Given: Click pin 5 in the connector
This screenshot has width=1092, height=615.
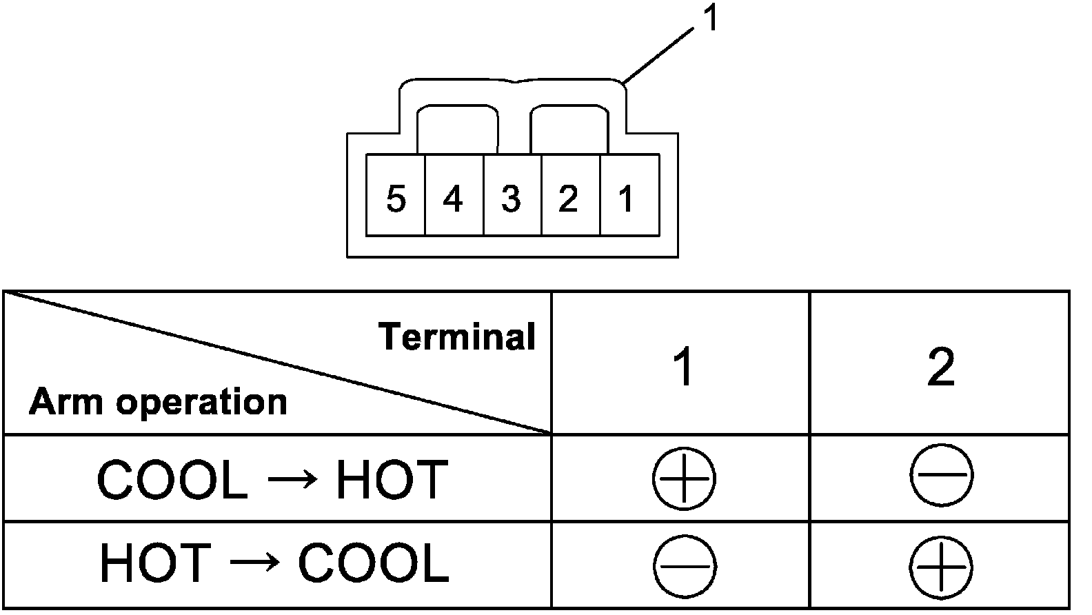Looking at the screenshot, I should (395, 199).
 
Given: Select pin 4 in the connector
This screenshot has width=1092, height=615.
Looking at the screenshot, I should (453, 199).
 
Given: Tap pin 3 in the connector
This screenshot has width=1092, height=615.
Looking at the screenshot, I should (511, 199).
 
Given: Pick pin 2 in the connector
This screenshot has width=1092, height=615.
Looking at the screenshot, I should (568, 199).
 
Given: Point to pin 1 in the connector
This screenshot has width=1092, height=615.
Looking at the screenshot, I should (626, 199).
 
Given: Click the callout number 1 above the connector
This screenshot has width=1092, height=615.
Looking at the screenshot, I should (710, 19).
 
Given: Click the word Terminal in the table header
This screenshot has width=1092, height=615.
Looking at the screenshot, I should (458, 337).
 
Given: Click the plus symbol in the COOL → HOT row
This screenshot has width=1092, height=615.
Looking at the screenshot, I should (684, 478).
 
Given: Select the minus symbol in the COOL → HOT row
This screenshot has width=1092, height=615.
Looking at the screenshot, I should (941, 475).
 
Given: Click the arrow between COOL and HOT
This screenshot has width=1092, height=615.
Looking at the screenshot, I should (292, 480).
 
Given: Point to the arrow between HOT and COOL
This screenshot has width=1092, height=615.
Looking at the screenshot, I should (254, 563).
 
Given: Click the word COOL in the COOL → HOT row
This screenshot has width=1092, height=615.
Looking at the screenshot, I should (172, 480).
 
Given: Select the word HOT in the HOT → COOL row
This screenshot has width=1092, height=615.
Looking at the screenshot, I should (155, 563).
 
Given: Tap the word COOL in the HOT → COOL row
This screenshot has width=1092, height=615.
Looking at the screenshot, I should (373, 563).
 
